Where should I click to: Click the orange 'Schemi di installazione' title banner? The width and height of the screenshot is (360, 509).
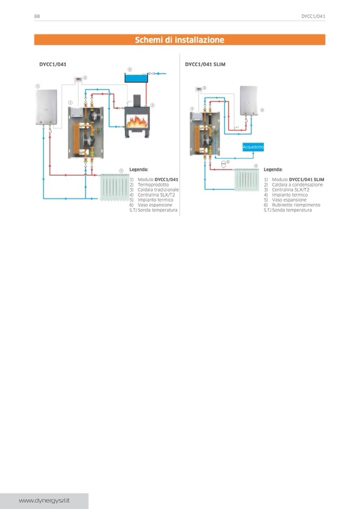[x=179, y=40]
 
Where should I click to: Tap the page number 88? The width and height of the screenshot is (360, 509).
[x=37, y=16]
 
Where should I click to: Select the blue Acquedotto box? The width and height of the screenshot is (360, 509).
[x=253, y=146]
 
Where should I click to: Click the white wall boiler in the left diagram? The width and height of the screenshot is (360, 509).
[x=47, y=107]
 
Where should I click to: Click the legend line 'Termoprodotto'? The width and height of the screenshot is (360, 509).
[x=151, y=185]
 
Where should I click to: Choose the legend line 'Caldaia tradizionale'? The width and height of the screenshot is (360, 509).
[x=158, y=189]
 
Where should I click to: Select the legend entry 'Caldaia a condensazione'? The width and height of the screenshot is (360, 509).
[x=297, y=185]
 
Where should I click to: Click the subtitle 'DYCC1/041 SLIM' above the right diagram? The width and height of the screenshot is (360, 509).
[x=205, y=64]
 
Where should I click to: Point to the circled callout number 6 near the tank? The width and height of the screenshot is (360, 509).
[x=130, y=70]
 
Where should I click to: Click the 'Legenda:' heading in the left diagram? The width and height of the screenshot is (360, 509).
[x=139, y=169]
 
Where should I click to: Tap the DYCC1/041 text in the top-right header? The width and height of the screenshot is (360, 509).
[x=313, y=16]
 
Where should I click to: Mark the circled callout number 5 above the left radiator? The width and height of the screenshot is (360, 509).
[x=121, y=170]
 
